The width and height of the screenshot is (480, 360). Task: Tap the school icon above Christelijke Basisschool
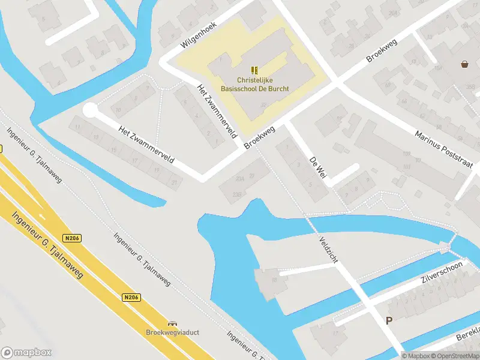point(254,70)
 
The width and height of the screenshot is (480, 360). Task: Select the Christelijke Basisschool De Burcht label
point(254,85)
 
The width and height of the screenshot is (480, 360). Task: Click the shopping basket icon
point(465,64)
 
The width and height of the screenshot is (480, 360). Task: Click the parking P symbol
point(389,321)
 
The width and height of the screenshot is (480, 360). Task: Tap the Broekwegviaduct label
point(172,332)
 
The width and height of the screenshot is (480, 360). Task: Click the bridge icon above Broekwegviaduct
point(173,323)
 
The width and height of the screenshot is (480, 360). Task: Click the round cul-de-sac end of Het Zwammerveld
point(89,110)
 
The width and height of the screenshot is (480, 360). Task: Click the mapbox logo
point(26,353)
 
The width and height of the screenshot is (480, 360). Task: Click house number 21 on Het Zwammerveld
point(175,181)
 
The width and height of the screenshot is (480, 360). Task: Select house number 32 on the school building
point(264,104)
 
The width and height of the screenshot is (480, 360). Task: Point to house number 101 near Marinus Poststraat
point(407,167)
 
